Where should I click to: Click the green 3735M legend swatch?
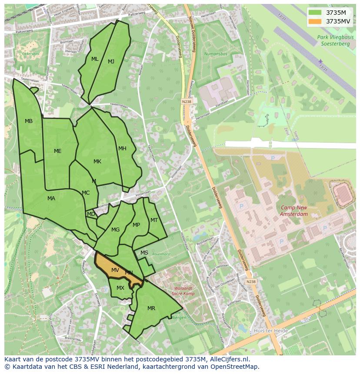point(315,13)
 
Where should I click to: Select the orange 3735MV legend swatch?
point(315,21)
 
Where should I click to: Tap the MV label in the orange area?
point(115,270)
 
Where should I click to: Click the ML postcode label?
point(95,59)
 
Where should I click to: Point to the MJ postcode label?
point(111,62)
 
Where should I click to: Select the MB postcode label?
point(29,121)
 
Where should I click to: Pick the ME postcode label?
point(58,151)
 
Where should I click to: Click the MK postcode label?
point(97,162)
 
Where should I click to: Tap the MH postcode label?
point(123,149)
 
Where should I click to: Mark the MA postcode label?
point(51,199)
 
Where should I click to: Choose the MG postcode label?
point(115,230)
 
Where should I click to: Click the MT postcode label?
point(154,220)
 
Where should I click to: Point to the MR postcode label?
point(151,308)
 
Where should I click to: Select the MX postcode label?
point(120,288)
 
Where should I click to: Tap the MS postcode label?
point(144,253)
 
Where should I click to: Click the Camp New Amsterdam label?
point(294,211)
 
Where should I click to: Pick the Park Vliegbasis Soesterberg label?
point(335,40)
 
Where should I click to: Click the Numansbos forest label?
point(216,54)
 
